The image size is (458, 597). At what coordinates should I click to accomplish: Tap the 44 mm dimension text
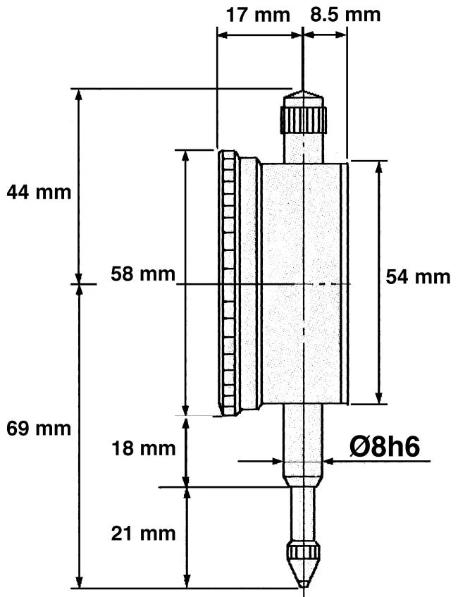point(38,192)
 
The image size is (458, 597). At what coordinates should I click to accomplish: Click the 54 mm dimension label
point(418,276)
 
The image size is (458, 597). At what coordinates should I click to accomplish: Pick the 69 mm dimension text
point(38,429)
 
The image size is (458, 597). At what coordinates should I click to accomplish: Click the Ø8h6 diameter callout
point(389,446)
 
